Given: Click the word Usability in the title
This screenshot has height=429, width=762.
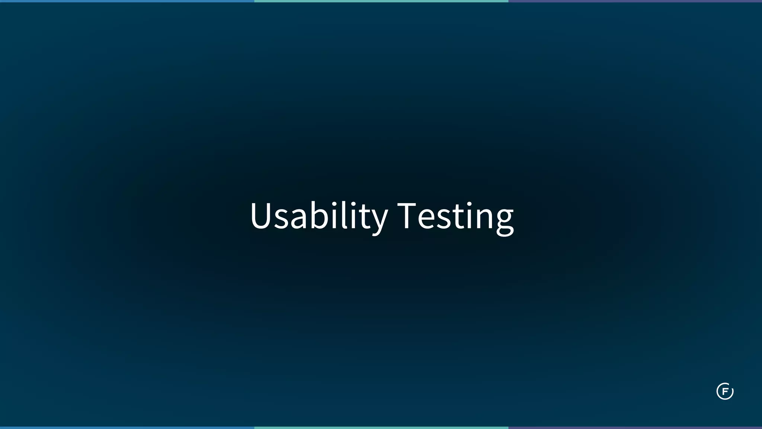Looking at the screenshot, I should [x=318, y=216].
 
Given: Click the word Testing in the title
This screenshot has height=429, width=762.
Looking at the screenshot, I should [x=455, y=216].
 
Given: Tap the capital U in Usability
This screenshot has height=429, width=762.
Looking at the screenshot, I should [x=262, y=215].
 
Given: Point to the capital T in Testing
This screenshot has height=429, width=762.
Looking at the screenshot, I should [x=406, y=215].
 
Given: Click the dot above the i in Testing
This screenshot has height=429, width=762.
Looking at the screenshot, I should [x=470, y=204].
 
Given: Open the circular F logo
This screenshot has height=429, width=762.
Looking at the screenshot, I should [x=724, y=391].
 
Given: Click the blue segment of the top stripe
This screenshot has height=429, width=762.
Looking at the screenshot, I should [x=127, y=1].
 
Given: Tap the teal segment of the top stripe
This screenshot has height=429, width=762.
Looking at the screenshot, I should [x=381, y=1].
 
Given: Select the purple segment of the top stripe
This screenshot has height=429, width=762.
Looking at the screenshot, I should [x=635, y=1].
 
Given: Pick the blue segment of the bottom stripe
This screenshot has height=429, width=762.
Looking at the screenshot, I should [x=127, y=428].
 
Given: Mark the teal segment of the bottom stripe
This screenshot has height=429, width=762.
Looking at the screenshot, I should [x=381, y=428].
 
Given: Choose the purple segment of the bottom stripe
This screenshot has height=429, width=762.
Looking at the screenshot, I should [x=635, y=428].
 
